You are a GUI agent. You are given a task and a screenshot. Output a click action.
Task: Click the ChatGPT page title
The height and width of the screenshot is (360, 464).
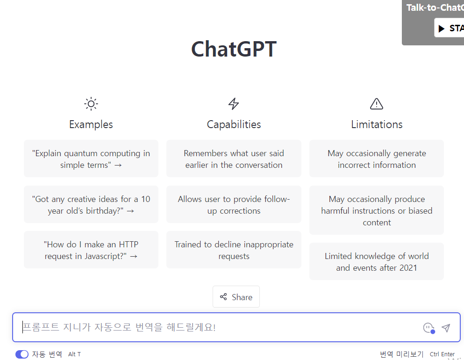(234, 49)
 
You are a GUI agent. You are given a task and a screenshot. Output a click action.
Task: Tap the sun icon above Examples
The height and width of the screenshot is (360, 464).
(91, 104)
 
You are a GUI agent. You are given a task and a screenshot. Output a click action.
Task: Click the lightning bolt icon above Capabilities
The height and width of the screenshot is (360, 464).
(234, 104)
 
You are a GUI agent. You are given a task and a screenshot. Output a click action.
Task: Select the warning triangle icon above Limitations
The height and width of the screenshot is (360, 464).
(377, 104)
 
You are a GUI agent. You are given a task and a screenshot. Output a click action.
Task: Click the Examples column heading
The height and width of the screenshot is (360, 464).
(91, 124)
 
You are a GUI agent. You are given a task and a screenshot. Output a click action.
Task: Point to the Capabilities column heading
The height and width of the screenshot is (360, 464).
(234, 124)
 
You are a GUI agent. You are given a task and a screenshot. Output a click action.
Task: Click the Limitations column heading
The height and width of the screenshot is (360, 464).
(377, 124)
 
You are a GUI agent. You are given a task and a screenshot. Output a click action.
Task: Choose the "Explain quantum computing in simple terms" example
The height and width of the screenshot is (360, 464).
(91, 159)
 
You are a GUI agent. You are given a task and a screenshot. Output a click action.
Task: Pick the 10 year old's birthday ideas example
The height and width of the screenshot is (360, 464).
(91, 205)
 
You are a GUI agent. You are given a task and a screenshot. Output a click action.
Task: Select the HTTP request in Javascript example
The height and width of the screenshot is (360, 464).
(91, 250)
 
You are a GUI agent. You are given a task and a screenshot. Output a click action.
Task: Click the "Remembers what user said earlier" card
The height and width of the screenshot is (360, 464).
(234, 159)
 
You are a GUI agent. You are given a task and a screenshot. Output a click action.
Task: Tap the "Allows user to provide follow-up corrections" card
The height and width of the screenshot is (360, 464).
(234, 205)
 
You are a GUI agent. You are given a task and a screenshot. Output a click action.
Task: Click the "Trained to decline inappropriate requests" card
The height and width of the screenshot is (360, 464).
(234, 250)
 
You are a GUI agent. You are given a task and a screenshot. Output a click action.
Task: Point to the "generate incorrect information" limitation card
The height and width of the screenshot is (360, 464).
(377, 159)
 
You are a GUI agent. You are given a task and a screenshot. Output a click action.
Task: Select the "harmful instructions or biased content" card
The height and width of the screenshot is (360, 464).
(377, 210)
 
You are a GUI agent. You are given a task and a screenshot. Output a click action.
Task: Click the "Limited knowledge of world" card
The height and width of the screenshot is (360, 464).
(377, 262)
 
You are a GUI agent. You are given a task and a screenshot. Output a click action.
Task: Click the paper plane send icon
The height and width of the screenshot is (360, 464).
(446, 328)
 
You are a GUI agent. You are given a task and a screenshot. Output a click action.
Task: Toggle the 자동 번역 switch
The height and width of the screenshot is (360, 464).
(22, 354)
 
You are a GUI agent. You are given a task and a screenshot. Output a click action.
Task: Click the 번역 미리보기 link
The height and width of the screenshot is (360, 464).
(401, 354)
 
